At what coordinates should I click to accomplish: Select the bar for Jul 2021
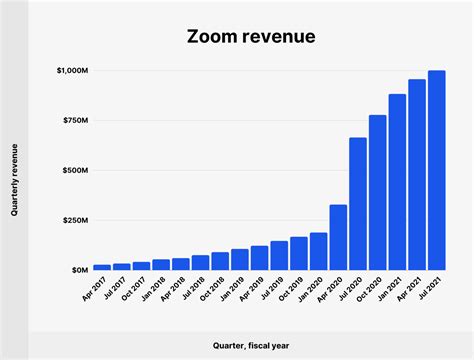click(x=436, y=170)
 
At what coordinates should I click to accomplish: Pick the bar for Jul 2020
click(x=358, y=204)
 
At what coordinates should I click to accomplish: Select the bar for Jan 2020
click(x=318, y=251)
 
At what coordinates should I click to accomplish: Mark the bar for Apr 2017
click(x=102, y=267)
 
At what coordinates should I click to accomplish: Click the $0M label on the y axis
click(x=78, y=270)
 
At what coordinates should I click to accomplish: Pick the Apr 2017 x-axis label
click(x=94, y=290)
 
